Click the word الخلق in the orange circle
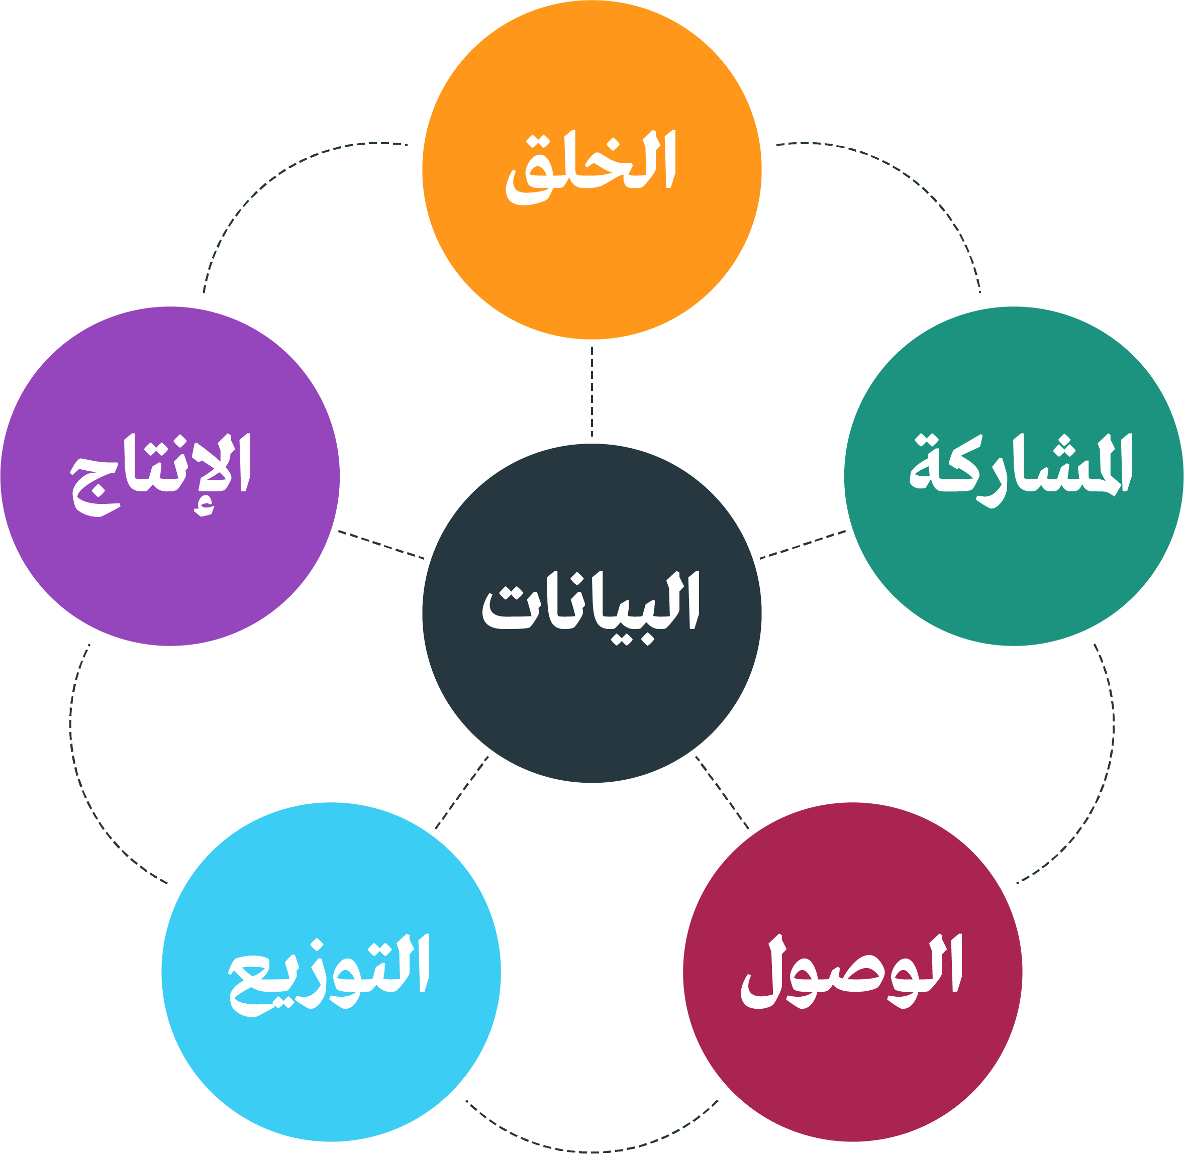[591, 168]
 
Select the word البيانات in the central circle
[591, 608]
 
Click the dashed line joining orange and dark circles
[591, 391]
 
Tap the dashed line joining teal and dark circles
[803, 544]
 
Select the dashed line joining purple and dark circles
[381, 544]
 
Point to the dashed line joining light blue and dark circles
[462, 792]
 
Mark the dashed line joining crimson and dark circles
[722, 792]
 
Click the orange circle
[591, 169]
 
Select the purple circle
[170, 476]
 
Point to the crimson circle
[853, 972]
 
